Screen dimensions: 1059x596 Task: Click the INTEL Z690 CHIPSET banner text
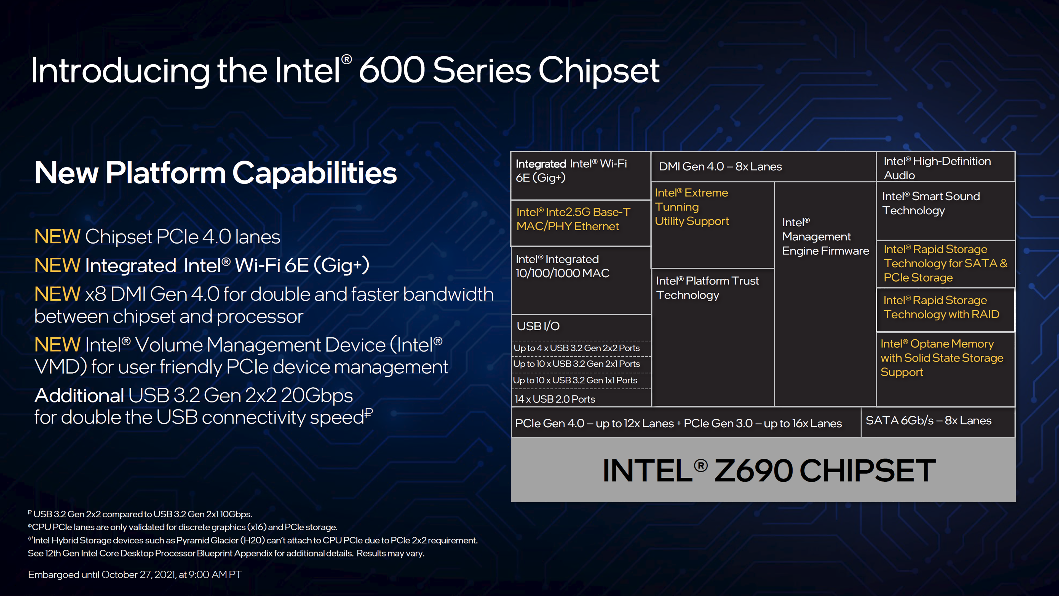(769, 470)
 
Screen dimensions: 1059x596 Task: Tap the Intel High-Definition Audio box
(946, 167)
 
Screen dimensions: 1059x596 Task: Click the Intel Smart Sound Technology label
(931, 203)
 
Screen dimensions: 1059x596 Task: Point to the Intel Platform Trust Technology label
(707, 288)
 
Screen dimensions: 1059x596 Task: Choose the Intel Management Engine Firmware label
(825, 236)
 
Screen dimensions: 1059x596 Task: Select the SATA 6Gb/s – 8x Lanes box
(938, 422)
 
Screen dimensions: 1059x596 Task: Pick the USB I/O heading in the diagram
(538, 326)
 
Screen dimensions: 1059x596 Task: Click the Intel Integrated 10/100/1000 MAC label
(562, 266)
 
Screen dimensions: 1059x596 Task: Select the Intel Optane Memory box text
(942, 358)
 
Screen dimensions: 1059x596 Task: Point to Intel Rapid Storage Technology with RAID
(942, 307)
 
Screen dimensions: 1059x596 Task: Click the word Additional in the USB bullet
(79, 395)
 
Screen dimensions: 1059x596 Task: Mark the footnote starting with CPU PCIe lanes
(183, 527)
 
